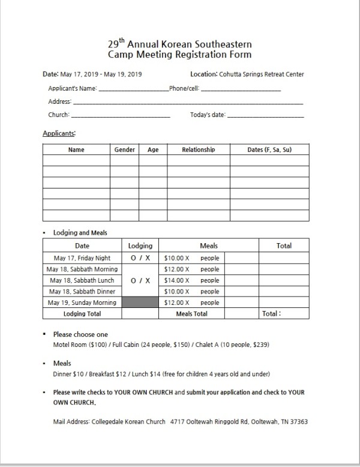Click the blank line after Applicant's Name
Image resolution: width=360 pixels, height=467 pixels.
point(133,90)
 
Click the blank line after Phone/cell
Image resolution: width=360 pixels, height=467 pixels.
point(240,90)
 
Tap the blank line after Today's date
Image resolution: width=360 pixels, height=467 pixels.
point(265,116)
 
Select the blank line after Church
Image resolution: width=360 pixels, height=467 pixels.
point(120,116)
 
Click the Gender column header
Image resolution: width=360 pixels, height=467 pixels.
point(124,149)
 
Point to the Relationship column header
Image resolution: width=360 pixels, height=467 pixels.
point(198,149)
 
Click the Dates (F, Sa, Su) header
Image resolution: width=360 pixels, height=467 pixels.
point(269,149)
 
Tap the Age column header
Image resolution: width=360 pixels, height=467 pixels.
point(153,149)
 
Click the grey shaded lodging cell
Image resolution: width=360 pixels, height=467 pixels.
point(140,303)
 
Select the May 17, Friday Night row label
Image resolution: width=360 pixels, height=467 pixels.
point(82,258)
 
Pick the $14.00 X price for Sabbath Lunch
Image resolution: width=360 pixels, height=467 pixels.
point(176,280)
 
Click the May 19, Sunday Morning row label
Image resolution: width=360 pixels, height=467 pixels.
point(82,303)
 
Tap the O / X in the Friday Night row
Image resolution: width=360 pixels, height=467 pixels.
point(140,258)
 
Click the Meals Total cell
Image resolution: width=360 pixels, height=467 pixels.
point(192,313)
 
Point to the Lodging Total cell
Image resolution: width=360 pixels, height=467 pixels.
point(82,313)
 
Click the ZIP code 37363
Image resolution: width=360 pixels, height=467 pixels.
point(299,421)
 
